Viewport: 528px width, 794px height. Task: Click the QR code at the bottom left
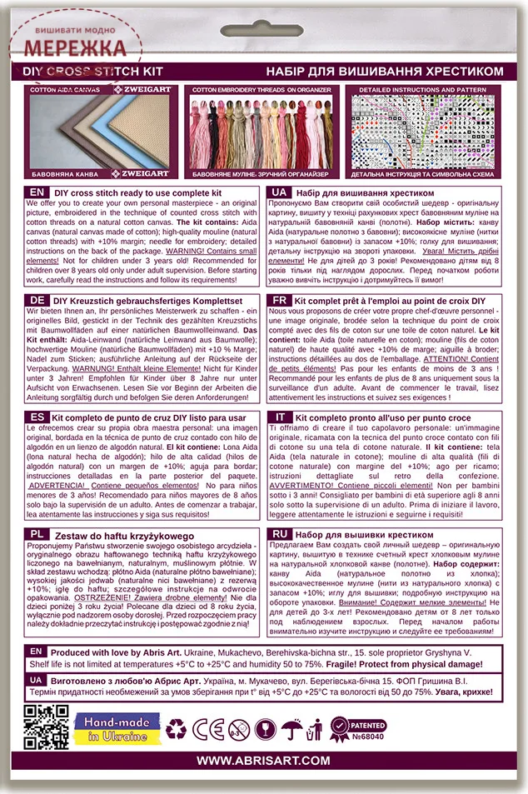pos(47,727)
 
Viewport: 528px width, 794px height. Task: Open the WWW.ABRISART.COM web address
pos(264,761)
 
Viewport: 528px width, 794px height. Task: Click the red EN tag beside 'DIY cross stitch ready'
pos(36,192)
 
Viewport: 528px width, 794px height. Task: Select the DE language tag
pos(36,299)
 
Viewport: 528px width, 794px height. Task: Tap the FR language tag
pos(281,299)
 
